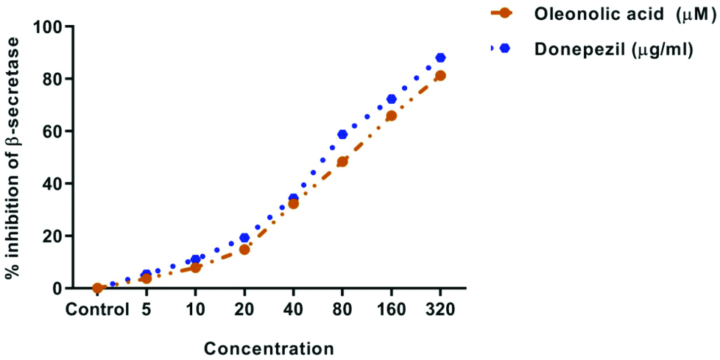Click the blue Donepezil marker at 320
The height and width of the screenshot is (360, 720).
point(440,57)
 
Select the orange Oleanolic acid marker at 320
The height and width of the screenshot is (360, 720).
point(440,75)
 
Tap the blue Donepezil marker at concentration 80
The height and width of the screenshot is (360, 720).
point(342,134)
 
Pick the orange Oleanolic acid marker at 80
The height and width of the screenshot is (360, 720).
point(342,162)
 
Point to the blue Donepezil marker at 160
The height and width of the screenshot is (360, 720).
point(392,99)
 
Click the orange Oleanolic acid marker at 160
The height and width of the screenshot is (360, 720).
point(392,116)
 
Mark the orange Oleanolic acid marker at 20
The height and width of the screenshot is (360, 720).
point(244,250)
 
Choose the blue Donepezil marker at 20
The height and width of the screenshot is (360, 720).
point(244,238)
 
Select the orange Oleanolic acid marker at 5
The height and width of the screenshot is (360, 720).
point(147,278)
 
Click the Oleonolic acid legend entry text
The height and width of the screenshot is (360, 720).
point(612,15)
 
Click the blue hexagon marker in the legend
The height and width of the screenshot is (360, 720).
point(505,49)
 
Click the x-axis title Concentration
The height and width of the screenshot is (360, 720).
point(269,347)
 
